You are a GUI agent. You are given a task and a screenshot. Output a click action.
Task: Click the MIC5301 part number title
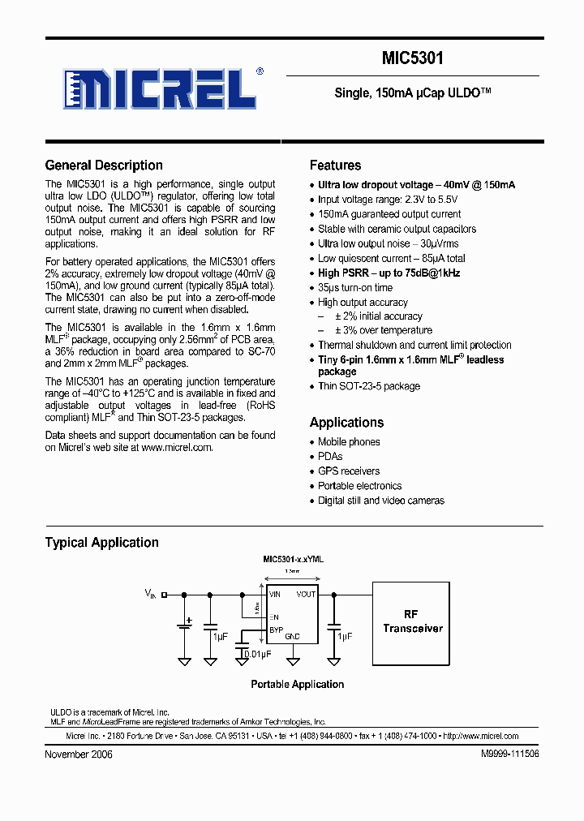pyautogui.click(x=412, y=58)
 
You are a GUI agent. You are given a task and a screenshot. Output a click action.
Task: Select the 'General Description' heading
pyautogui.click(x=104, y=165)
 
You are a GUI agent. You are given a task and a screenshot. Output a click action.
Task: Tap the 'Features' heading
pyautogui.click(x=335, y=165)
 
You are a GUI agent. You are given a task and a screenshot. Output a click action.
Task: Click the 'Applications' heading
pyautogui.click(x=346, y=423)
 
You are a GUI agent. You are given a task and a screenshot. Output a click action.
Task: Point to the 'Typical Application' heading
pyautogui.click(x=101, y=543)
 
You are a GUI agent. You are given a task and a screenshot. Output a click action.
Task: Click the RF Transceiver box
pyautogui.click(x=413, y=622)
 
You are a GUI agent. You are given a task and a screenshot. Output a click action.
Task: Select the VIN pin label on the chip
pyautogui.click(x=275, y=595)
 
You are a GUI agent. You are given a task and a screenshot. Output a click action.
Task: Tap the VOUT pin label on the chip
pyautogui.click(x=306, y=595)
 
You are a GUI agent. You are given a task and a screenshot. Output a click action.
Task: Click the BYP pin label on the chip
pyautogui.click(x=276, y=628)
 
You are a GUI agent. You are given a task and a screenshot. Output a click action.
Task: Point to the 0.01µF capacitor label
pyautogui.click(x=257, y=653)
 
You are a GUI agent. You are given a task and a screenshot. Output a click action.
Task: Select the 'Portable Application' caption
pyautogui.click(x=297, y=685)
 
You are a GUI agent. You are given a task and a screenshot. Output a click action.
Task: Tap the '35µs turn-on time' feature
pyautogui.click(x=354, y=288)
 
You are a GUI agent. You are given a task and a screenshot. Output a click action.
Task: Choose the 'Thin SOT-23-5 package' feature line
pyautogui.click(x=368, y=386)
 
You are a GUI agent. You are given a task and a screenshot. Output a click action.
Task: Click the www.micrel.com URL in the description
pyautogui.click(x=177, y=447)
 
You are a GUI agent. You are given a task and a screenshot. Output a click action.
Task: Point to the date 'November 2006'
pyautogui.click(x=79, y=754)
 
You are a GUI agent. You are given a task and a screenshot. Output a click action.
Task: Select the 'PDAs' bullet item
pyautogui.click(x=330, y=457)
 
